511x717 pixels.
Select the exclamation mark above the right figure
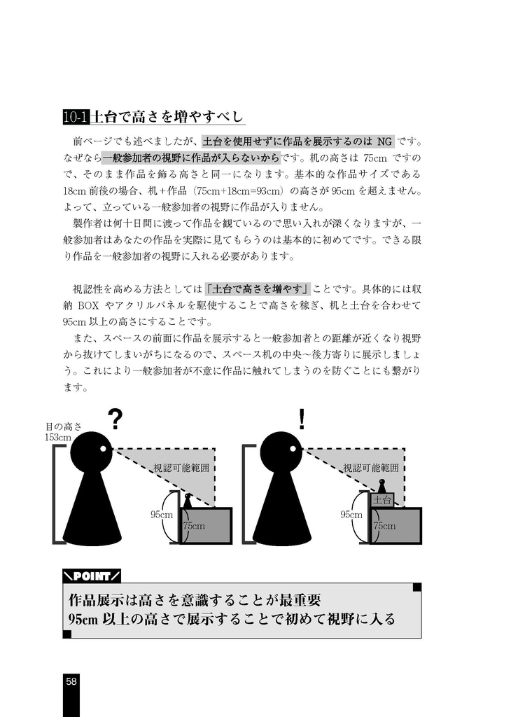pos(302,419)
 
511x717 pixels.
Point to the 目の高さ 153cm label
pos(64,431)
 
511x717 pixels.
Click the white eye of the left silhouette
pos(103,448)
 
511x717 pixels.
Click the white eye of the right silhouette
pos(293,448)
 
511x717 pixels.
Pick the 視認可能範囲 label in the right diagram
pos(371,468)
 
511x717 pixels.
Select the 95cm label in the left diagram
pos(161,515)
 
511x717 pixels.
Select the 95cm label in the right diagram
pos(351,515)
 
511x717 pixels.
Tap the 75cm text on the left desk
pos(194,526)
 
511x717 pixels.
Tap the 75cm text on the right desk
pos(384,526)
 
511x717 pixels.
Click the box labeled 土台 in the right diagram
pos(382,500)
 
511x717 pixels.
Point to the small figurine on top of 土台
pos(382,485)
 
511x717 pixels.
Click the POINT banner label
pos(92,576)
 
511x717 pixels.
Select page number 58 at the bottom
pos(71,681)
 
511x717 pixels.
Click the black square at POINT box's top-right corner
pos(417,587)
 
